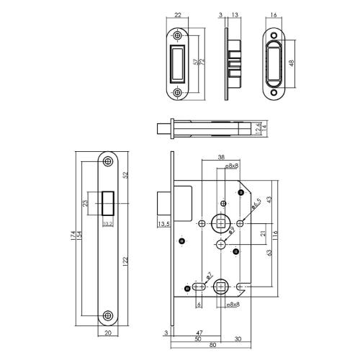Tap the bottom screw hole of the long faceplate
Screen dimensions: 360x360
[107, 315]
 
